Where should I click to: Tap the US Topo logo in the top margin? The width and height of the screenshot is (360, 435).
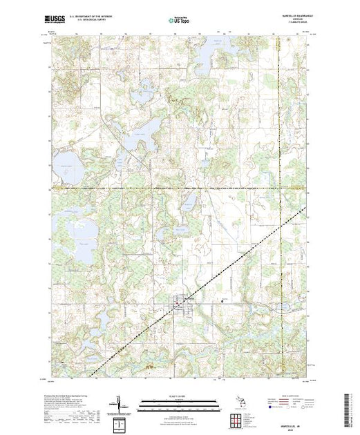[180, 21]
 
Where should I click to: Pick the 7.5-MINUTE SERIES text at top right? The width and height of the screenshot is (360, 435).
[293, 24]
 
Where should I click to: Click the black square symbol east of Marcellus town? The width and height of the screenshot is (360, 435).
[220, 298]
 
